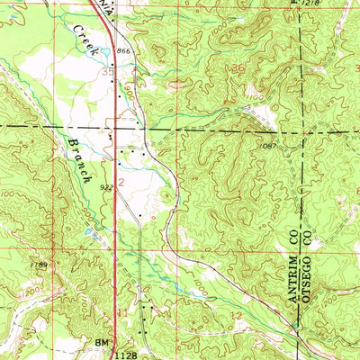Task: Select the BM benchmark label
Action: [x=101, y=344]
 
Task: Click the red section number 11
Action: [x=123, y=311]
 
